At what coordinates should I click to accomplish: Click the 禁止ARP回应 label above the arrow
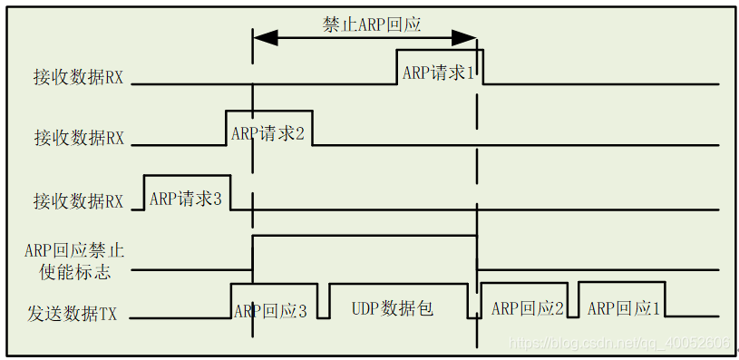(372, 24)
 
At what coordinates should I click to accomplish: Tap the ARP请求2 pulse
(268, 133)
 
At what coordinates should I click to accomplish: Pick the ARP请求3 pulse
(186, 198)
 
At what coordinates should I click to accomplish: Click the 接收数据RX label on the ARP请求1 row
(79, 78)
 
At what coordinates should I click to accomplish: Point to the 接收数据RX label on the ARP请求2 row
(79, 138)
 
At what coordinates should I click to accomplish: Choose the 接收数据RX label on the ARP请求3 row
(79, 201)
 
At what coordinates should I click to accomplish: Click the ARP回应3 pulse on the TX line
(270, 310)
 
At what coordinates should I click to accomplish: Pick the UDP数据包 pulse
(393, 308)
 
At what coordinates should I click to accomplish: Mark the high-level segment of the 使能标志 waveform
(363, 236)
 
